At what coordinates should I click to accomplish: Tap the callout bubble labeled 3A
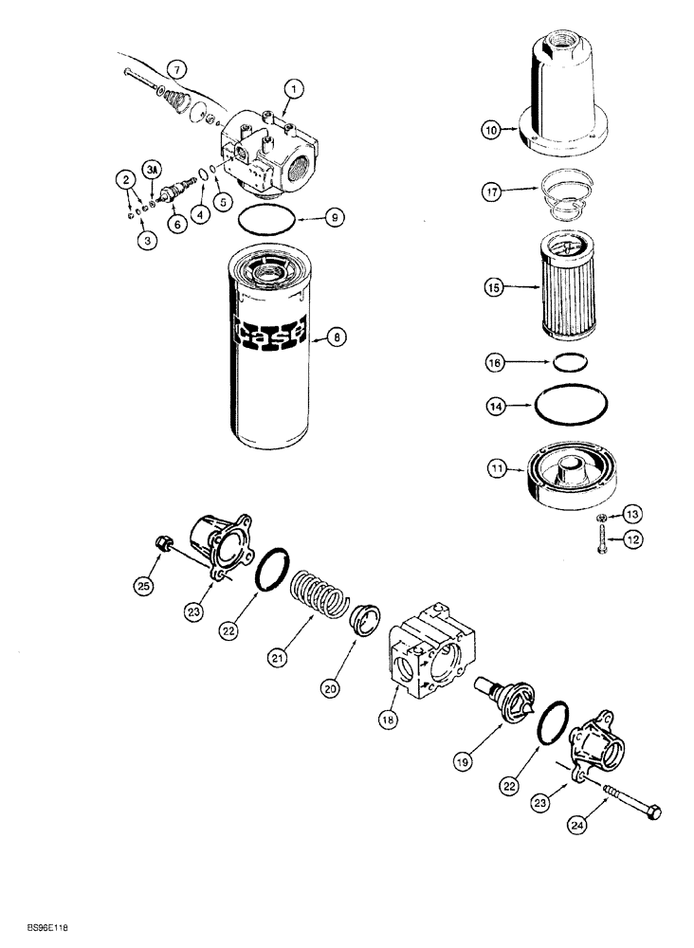pyautogui.click(x=152, y=171)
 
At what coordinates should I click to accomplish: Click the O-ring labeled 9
pyautogui.click(x=266, y=220)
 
